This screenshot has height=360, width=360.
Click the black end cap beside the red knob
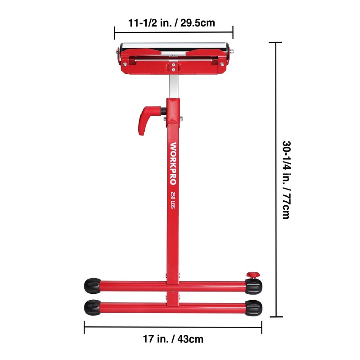pos(254,285)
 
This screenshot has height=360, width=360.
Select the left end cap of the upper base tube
pos(92,285)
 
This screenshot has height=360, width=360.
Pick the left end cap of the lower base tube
pos(92,307)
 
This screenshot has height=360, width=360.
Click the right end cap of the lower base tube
pos(254,308)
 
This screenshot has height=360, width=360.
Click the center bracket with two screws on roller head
pos(173,67)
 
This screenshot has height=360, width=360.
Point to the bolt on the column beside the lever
pos(180,119)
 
